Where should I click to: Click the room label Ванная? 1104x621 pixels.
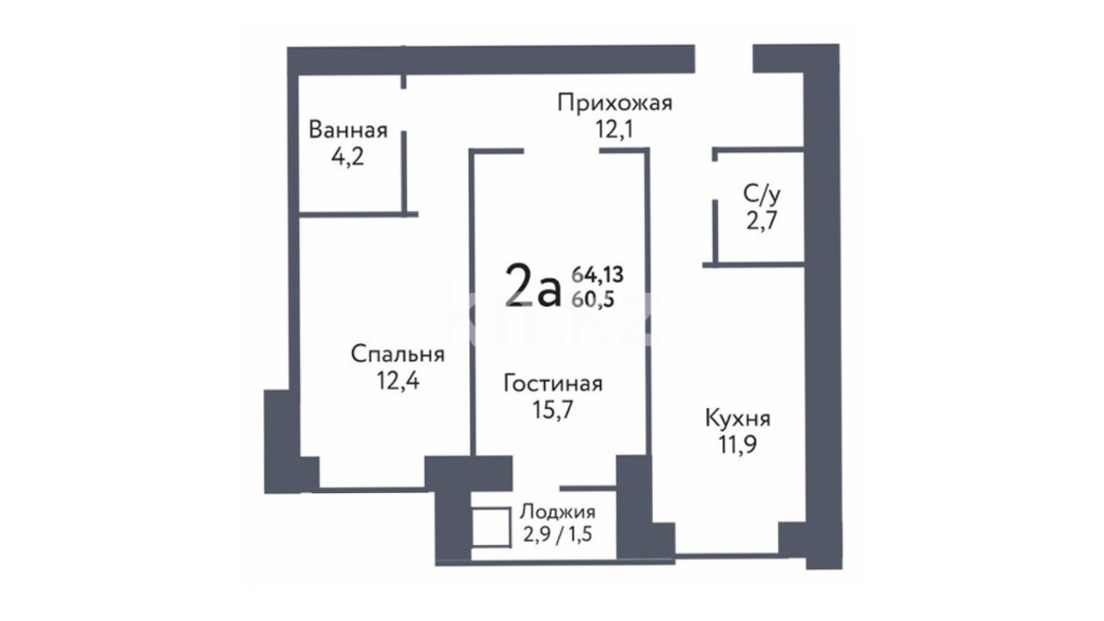[x=348, y=130]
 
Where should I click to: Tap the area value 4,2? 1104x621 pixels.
[x=348, y=157]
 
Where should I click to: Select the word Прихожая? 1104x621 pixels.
[x=615, y=104]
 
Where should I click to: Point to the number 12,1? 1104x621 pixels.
[x=614, y=130]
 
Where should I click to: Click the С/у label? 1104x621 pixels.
[x=762, y=196]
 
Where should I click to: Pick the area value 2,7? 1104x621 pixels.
[x=762, y=220]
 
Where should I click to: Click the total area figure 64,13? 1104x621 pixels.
[x=597, y=274]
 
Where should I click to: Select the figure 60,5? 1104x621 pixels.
[x=593, y=299]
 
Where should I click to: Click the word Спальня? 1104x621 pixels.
[x=397, y=354]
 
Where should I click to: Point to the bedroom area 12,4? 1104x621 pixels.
[x=398, y=380]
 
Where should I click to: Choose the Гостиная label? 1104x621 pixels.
[x=553, y=383]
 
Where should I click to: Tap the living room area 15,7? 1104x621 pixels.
[x=553, y=410]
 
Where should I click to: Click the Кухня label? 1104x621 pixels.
[x=738, y=419]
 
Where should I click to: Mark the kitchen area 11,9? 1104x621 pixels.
[x=737, y=444]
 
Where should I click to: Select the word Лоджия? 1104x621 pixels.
[x=557, y=512]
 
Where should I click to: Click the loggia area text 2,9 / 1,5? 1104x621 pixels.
[x=557, y=534]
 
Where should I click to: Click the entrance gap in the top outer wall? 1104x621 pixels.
[x=724, y=59]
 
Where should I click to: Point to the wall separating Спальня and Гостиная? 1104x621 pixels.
[x=472, y=302]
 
